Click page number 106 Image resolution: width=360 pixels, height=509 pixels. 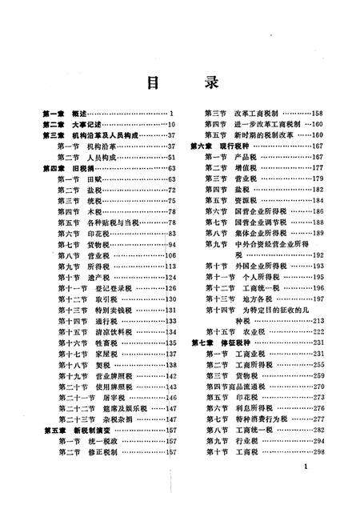click(x=170, y=254)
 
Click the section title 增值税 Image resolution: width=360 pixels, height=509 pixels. click(x=243, y=168)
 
